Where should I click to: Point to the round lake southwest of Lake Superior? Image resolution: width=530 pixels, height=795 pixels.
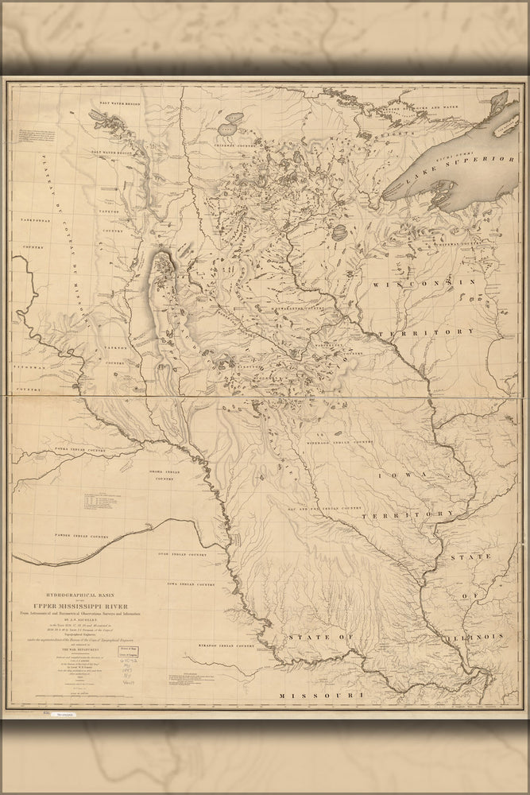click(337, 233)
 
